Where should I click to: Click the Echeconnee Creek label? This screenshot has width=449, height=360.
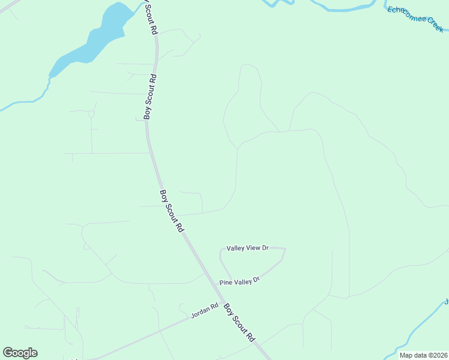[x=416, y=19]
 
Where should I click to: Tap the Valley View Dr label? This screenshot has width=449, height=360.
[x=247, y=248]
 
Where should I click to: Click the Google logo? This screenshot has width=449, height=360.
[x=20, y=353]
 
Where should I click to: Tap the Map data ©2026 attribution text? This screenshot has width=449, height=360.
[x=423, y=355]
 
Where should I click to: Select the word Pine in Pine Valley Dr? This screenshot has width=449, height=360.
[x=225, y=283]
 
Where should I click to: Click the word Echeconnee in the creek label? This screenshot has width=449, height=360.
[x=406, y=14]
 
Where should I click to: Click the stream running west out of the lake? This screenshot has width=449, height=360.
[x=24, y=102]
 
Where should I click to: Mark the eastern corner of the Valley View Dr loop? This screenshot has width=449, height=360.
[x=285, y=249]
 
